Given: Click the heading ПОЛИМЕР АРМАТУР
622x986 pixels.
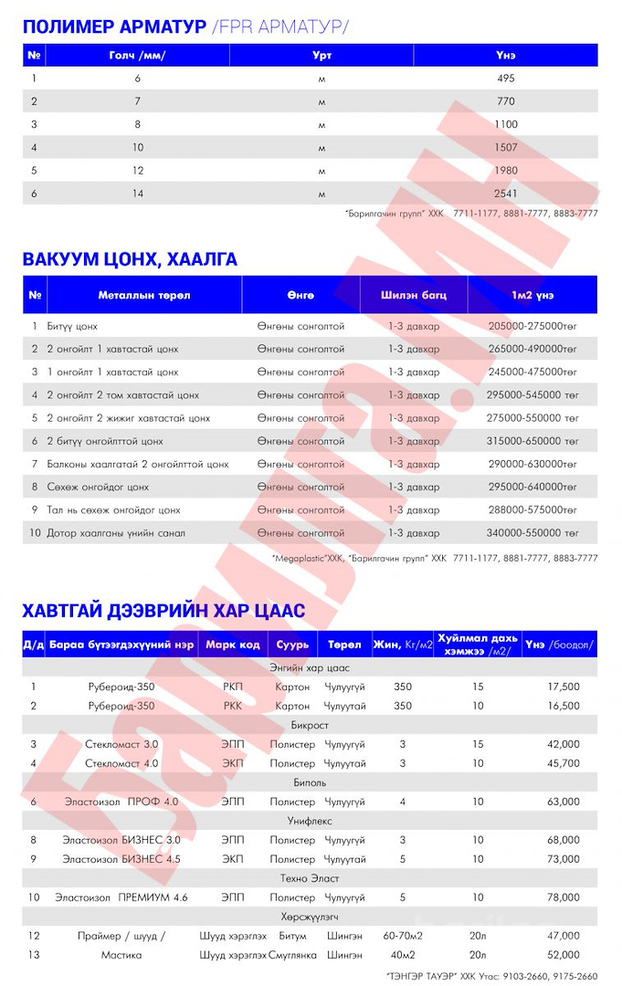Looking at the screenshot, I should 114,26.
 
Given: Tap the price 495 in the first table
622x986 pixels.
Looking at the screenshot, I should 506,79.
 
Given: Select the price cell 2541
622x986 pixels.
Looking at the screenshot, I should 506,194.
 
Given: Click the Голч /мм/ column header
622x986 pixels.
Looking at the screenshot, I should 137,56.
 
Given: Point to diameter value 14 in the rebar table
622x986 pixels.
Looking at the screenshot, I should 137,194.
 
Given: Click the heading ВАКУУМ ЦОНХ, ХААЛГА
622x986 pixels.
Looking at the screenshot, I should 130,259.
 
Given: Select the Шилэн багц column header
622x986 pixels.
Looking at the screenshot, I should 414,295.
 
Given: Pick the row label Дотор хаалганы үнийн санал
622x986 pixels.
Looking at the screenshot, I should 116,533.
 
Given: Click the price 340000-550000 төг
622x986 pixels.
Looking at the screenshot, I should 533,533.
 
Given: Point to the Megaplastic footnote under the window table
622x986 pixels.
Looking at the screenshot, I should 435,557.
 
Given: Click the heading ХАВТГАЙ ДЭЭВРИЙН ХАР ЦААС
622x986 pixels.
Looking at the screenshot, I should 163,610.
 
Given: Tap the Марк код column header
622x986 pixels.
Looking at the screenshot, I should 232,645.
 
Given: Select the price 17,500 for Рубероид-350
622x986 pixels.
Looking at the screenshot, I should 563,687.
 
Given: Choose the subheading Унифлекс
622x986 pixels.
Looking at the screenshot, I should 310,821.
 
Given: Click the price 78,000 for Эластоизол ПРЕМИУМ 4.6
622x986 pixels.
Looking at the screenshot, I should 563,897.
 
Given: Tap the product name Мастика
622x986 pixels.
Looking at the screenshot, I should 121,955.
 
